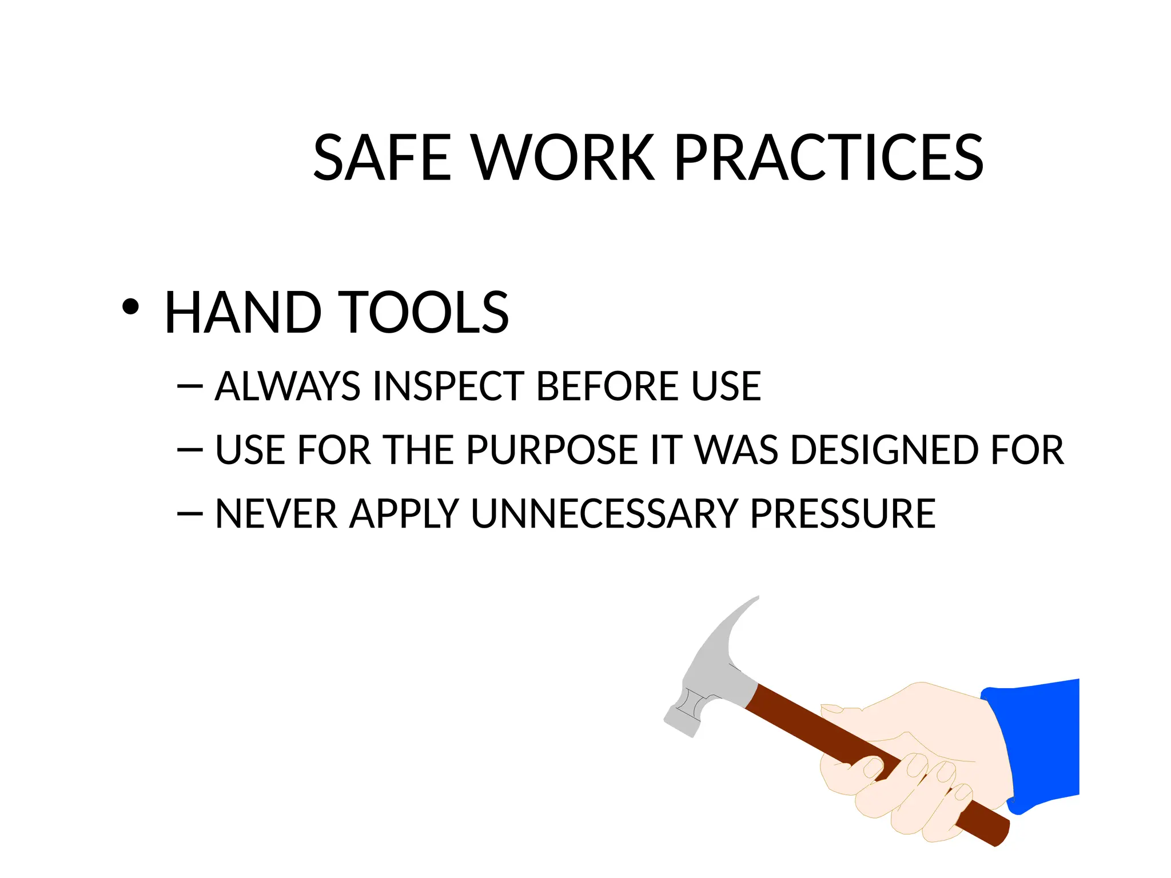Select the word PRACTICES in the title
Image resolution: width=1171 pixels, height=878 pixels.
click(x=829, y=158)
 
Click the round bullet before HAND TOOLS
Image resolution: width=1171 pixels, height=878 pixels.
click(x=130, y=307)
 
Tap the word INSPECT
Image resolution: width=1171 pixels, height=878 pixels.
click(x=449, y=386)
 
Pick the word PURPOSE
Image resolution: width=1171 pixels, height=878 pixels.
click(x=552, y=450)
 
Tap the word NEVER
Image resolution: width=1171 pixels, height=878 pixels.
click(x=277, y=514)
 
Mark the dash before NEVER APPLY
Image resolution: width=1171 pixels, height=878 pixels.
click(x=190, y=514)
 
